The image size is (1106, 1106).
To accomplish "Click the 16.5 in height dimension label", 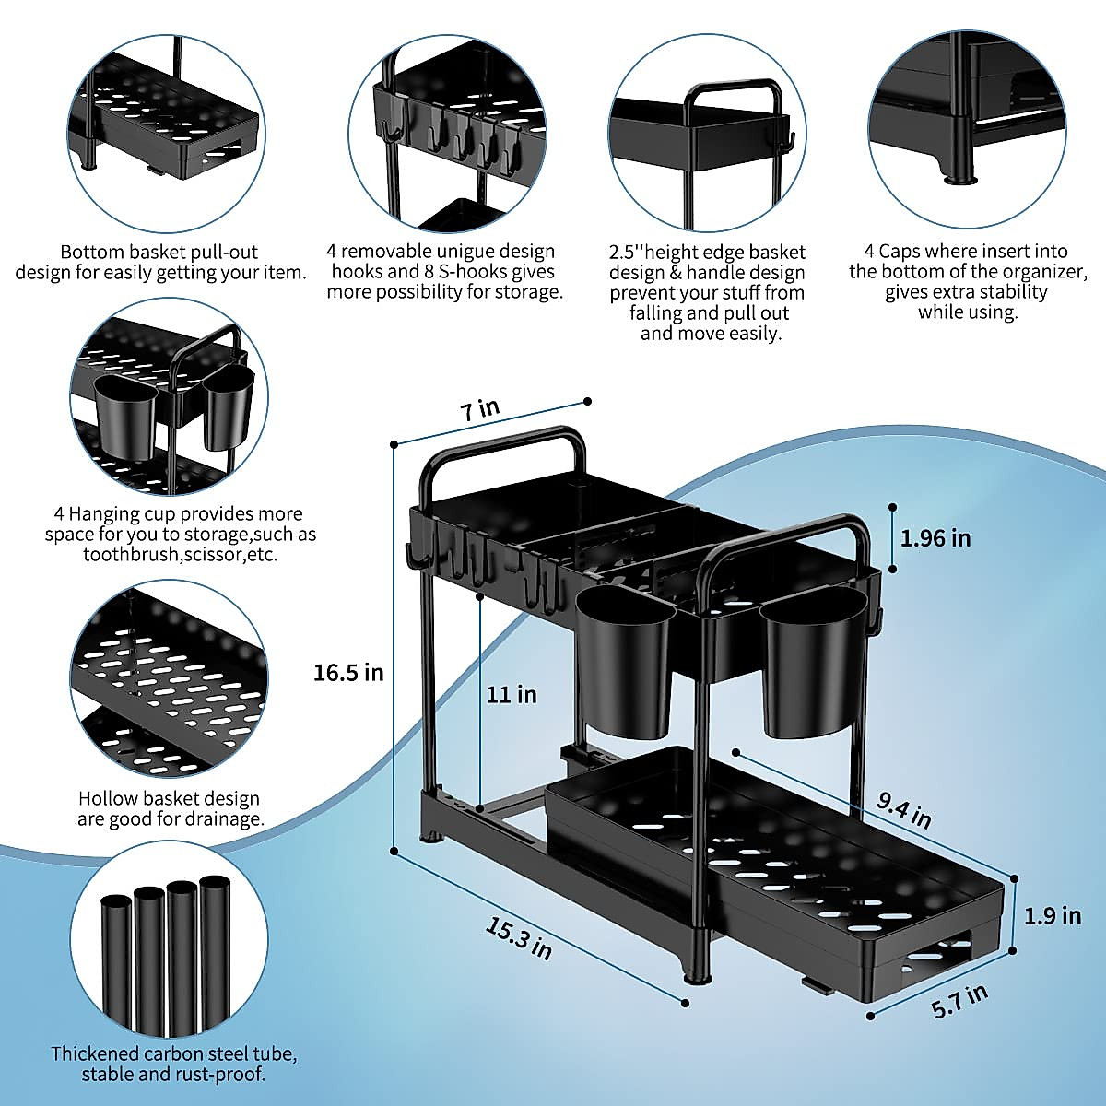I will (x=348, y=673).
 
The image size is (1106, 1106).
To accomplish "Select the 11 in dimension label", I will (x=512, y=694).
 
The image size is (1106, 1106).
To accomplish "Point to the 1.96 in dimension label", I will (x=935, y=538).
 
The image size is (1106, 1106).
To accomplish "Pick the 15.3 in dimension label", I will (x=519, y=937).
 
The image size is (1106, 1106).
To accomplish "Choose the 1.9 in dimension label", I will (x=1053, y=915).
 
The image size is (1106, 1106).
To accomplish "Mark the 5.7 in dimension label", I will (x=959, y=1001).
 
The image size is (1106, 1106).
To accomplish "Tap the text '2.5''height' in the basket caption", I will (x=661, y=253).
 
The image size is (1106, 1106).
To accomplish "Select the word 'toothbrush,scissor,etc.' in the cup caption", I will (x=180, y=555).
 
